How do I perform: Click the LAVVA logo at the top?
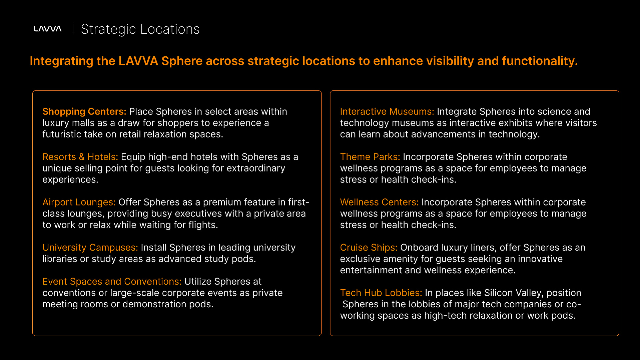[47, 29]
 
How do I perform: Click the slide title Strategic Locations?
[140, 29]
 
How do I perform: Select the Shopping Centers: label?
[84, 111]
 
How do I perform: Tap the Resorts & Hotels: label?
[80, 157]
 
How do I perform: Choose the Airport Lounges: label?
[79, 202]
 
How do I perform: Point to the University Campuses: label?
[90, 248]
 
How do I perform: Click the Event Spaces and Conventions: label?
[112, 282]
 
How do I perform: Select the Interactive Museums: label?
[387, 111]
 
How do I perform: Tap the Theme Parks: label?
[370, 157]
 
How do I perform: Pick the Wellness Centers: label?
[380, 202]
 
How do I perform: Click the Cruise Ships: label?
[369, 248]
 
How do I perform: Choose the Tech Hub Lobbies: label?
[381, 293]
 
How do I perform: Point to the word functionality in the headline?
[540, 61]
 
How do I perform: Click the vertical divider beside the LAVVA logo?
[73, 29]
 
